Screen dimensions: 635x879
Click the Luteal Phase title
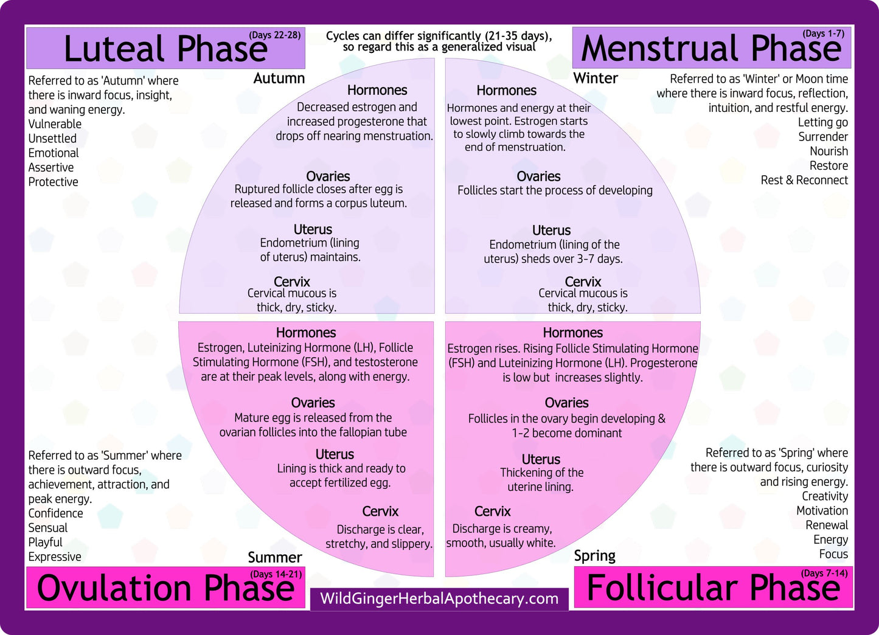coord(165,49)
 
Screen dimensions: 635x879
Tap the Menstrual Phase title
coord(710,49)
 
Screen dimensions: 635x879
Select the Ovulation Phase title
coord(165,588)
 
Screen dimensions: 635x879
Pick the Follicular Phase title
coord(713,588)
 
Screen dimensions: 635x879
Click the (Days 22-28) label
coord(274,35)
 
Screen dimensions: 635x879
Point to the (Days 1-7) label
coord(823,33)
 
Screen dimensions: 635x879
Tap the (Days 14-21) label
coord(276,574)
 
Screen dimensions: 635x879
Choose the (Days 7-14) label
coord(824,573)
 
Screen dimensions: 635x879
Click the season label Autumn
coord(279,78)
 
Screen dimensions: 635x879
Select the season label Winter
coord(596,78)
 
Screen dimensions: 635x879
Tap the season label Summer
coord(275,557)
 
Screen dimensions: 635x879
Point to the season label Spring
coord(595,556)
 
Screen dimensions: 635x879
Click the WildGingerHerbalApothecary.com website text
coord(439,599)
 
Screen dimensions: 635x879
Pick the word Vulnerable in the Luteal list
coord(55,124)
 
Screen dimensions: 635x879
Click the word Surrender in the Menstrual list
coord(823,137)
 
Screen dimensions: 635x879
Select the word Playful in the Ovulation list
coord(46,543)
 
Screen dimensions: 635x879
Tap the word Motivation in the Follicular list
coord(822,511)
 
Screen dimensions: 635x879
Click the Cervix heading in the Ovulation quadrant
coord(380,512)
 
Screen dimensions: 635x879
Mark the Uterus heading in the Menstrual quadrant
coord(551,231)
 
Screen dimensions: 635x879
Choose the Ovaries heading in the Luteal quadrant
coord(328,176)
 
